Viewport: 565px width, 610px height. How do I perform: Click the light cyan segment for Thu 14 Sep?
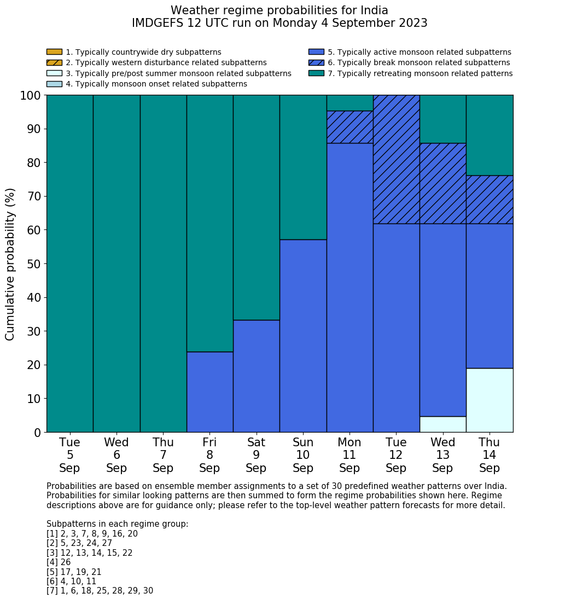[x=490, y=400]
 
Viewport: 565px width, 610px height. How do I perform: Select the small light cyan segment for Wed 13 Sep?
[x=442, y=424]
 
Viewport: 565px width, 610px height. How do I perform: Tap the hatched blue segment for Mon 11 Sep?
[x=350, y=127]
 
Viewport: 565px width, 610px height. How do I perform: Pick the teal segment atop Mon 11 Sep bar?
[x=350, y=103]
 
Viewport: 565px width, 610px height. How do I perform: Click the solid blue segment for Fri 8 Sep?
[x=209, y=392]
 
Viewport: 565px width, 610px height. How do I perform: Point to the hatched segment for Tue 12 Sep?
[x=396, y=159]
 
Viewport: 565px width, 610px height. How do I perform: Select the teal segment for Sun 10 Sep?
[x=303, y=167]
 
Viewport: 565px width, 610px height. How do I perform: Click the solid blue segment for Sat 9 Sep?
[x=256, y=376]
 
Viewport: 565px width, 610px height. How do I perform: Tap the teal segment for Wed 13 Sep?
[x=442, y=119]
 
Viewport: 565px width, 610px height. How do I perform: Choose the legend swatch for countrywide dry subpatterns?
[x=54, y=52]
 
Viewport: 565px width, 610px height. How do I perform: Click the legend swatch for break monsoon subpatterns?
[x=316, y=62]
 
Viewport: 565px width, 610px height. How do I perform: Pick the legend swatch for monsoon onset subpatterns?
[x=54, y=84]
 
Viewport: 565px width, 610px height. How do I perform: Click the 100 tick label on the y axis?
[x=30, y=96]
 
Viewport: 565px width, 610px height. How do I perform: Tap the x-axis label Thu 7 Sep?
[x=163, y=455]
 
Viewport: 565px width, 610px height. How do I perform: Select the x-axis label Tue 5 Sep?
[x=69, y=455]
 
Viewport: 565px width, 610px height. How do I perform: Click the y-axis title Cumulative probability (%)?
[x=10, y=264]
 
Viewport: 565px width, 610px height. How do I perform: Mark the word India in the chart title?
[x=372, y=10]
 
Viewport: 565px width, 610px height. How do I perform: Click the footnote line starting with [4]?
[x=59, y=562]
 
